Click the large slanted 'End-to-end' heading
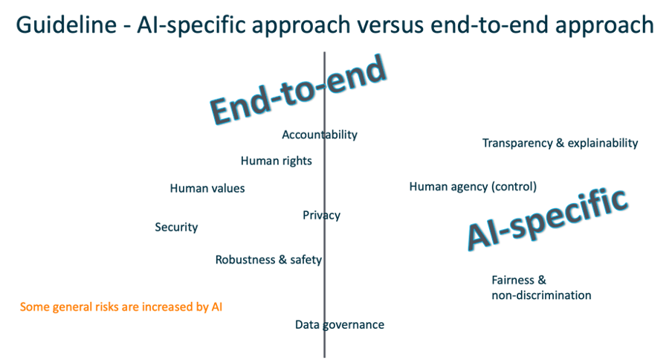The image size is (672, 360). point(299,89)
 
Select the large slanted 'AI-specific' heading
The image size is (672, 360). point(547,217)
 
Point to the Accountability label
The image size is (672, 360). point(320,135)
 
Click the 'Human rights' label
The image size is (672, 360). point(276,161)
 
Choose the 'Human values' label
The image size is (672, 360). point(207,188)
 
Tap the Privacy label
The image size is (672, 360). point(321,215)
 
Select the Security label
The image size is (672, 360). point(176,227)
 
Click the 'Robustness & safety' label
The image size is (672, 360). point(268,260)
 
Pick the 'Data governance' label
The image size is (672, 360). point(340,324)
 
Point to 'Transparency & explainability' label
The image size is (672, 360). point(560,144)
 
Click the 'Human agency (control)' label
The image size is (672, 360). point(473,187)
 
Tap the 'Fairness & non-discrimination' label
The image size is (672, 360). point(540,288)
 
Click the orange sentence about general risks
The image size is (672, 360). point(122,306)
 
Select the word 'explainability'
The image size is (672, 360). point(603,144)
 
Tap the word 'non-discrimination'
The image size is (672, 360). point(541,295)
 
